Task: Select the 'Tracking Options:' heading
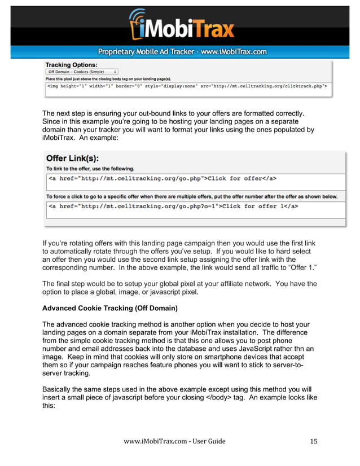coord(71,65)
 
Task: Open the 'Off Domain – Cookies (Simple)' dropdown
coord(82,72)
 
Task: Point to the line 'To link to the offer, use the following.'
coord(90,169)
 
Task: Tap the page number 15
coord(314,441)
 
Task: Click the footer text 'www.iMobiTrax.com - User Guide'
coord(174,441)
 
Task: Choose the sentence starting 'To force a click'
coord(192,196)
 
